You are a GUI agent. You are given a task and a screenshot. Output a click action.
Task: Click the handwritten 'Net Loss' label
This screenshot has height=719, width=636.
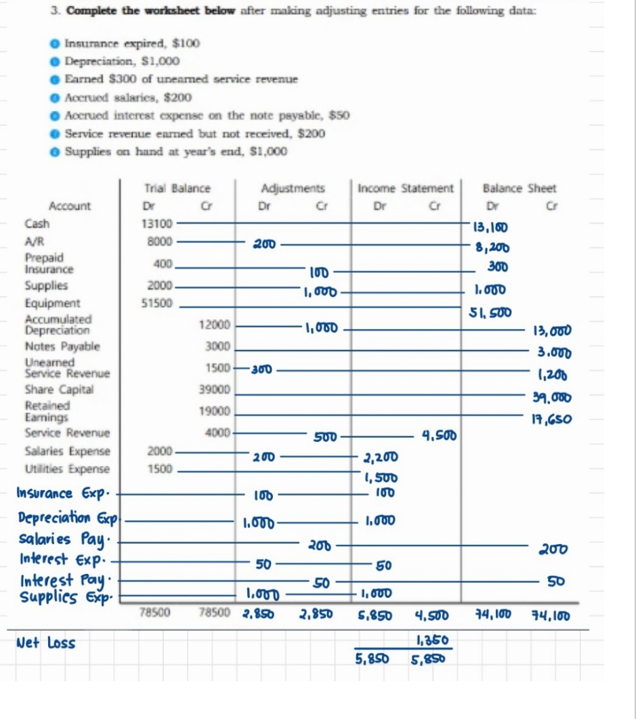[x=47, y=642]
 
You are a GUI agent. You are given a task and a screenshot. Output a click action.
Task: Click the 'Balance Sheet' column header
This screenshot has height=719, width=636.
[x=520, y=188]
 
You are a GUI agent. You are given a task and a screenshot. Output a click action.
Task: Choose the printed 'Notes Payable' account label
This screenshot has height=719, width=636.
[x=62, y=346]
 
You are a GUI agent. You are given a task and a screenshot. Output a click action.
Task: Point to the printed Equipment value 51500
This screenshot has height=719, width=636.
[x=160, y=304]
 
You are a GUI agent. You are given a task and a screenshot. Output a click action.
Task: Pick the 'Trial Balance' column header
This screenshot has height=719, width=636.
[x=177, y=188]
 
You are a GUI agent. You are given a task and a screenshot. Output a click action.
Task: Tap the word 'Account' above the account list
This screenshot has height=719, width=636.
[x=70, y=205]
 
